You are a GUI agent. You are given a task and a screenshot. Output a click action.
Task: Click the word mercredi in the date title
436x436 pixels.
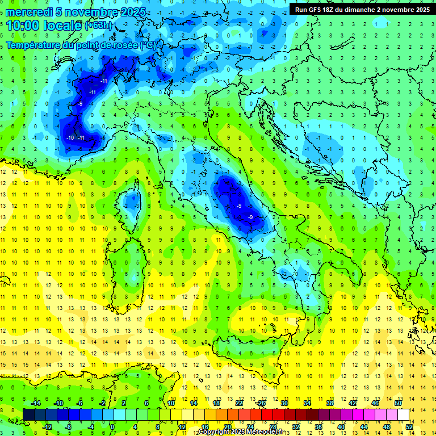[x=28, y=12]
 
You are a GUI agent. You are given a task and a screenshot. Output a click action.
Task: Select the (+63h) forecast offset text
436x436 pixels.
[x=98, y=26]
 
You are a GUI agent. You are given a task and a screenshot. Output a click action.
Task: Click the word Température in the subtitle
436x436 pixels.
[x=35, y=45]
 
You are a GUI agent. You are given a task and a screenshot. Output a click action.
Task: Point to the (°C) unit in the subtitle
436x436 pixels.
[x=148, y=45]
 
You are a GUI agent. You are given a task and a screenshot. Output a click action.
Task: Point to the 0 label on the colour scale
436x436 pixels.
[x=113, y=426]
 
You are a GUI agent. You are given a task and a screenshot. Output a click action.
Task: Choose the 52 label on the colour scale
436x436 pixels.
[x=409, y=426]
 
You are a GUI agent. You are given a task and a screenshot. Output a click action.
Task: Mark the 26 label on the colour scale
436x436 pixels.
[x=261, y=403]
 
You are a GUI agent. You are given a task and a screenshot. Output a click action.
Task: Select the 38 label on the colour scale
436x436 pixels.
[x=329, y=403]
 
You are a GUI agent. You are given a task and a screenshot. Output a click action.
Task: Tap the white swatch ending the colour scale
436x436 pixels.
[x=403, y=414]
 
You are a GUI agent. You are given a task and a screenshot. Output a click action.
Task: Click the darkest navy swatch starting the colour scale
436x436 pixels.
[x=28, y=414]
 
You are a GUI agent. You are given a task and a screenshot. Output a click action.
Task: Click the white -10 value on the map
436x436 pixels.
[x=71, y=138]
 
